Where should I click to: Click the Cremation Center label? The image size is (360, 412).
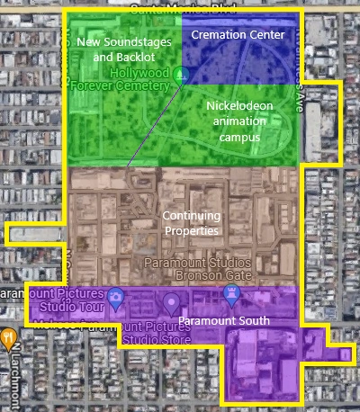238,34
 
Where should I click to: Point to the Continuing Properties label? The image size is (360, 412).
191,223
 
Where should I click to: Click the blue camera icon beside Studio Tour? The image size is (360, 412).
115,296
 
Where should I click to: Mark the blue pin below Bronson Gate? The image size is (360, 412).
232,293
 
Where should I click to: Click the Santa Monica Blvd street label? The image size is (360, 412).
180,8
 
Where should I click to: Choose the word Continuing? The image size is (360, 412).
191,216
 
